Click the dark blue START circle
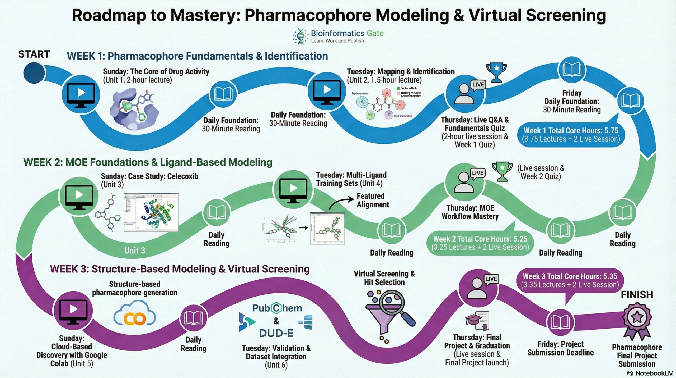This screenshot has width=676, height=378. click(34, 73)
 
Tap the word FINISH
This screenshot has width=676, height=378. click(637, 295)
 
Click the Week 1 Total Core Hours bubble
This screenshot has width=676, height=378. click(571, 135)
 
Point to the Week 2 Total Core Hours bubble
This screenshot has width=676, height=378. click(480, 243)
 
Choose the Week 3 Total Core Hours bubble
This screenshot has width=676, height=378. click(570, 280)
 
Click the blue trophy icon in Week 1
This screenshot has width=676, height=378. click(496, 72)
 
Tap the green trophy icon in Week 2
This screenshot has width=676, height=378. click(502, 171)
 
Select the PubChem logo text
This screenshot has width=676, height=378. click(277, 308)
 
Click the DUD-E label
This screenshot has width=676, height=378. click(276, 333)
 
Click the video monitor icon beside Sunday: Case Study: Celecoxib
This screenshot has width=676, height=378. click(79, 196)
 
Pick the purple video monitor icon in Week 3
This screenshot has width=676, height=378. click(73, 311)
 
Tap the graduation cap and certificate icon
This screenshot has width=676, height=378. click(477, 321)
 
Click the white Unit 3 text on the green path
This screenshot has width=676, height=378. click(135, 251)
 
